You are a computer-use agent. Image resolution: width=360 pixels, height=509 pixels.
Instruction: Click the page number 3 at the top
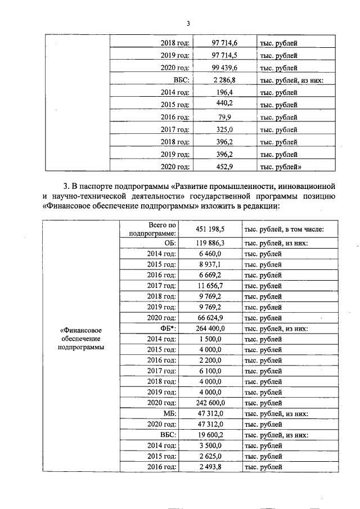point(188,23)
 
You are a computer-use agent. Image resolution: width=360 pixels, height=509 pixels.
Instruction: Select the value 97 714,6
point(223,43)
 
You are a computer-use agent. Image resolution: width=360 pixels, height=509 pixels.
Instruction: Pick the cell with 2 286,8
point(224,80)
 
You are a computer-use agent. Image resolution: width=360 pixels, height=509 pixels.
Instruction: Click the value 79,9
point(224,118)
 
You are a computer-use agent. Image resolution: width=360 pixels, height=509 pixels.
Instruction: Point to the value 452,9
point(224,166)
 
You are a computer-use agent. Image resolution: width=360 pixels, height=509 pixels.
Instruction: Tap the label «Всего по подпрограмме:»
point(152,229)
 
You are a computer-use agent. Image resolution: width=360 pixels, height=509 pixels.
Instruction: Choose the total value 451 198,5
point(210,230)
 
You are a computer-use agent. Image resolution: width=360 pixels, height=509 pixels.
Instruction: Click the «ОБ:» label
point(170,243)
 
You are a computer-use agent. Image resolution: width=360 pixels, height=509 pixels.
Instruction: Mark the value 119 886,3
point(210,243)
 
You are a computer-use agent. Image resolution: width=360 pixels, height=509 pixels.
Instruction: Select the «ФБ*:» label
point(168,328)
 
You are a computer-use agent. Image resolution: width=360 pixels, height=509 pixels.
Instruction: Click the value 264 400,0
point(210,328)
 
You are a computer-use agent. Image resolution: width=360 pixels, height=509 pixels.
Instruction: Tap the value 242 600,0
point(210,403)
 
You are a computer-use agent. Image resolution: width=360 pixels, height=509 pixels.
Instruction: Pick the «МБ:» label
point(170,413)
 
